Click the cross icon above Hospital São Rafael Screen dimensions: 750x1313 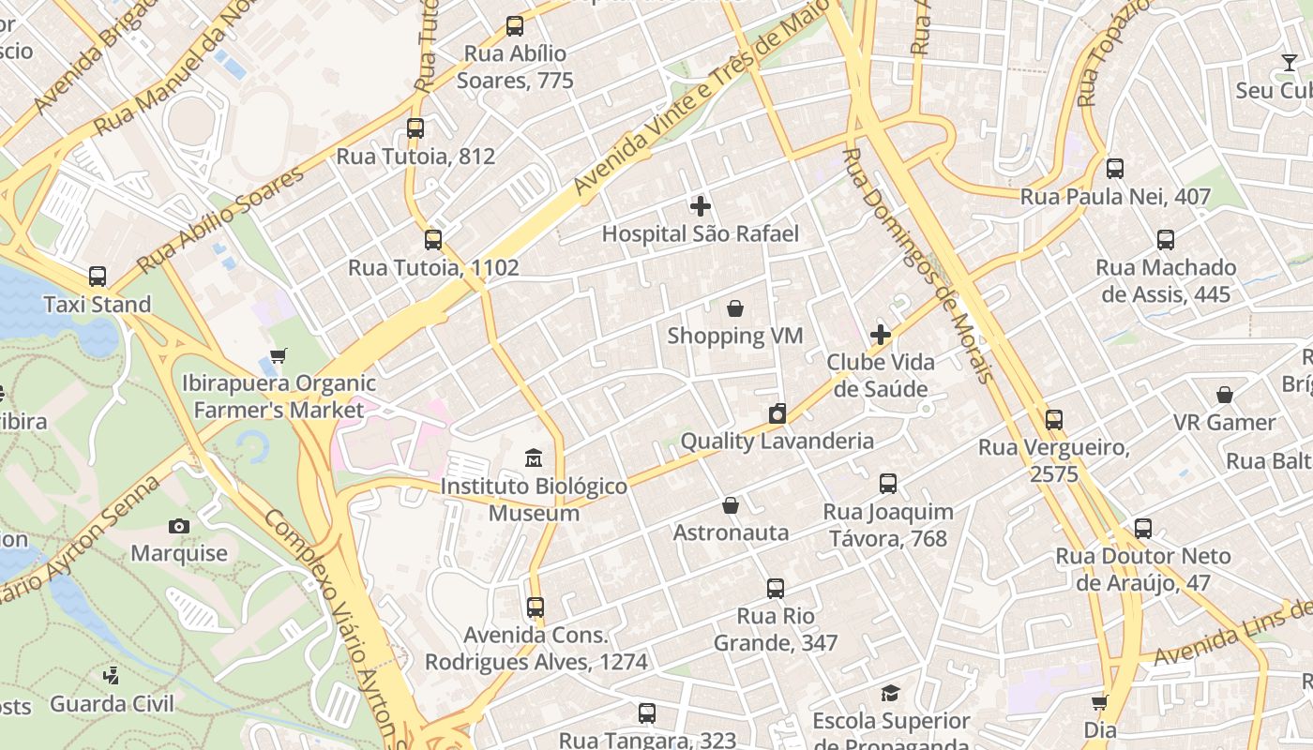click(x=700, y=206)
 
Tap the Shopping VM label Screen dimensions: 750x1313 click(x=734, y=336)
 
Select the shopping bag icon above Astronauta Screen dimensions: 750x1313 click(x=731, y=506)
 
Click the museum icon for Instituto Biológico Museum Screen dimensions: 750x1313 click(x=534, y=458)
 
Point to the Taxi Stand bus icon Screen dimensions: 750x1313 click(x=98, y=277)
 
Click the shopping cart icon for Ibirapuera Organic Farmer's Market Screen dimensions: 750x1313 click(x=278, y=355)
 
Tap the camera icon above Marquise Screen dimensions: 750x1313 click(x=179, y=526)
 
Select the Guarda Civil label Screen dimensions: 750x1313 click(x=112, y=703)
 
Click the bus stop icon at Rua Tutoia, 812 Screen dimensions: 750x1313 click(x=415, y=128)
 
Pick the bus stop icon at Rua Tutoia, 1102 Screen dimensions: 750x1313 click(x=432, y=239)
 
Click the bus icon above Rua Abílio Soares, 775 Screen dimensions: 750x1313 click(x=514, y=26)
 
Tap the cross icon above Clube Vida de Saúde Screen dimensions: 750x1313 click(x=881, y=335)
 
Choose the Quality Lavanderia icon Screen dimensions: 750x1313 click(x=777, y=413)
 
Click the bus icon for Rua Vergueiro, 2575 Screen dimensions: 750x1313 click(x=1054, y=420)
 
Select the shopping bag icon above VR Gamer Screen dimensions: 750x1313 click(x=1225, y=395)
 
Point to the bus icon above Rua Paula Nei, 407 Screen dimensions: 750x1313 click(x=1114, y=169)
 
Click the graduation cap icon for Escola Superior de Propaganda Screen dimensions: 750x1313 click(x=890, y=694)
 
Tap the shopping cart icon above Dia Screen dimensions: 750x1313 click(x=1099, y=702)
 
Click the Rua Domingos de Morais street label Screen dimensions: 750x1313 click(x=916, y=266)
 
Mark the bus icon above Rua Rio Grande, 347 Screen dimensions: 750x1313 click(x=775, y=589)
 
